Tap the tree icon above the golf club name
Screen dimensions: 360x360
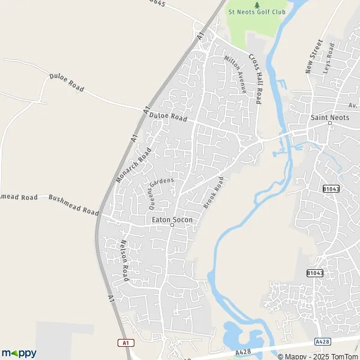point(257,4)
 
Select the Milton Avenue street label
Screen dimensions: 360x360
point(236,74)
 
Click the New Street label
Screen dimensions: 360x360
point(314,57)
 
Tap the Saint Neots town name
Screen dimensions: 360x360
point(329,118)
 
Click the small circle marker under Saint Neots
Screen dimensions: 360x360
point(330,124)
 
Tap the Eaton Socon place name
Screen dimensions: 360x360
point(172,220)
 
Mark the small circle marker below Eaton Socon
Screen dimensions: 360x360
point(172,226)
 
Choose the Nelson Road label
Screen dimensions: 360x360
point(125,261)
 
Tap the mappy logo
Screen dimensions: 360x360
point(19,353)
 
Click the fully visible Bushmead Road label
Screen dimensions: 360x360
point(73,205)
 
